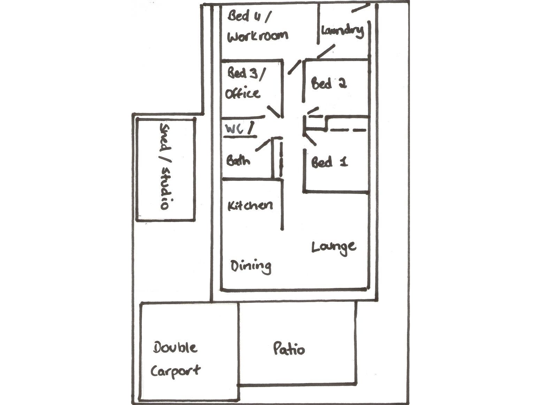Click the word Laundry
click(342, 31)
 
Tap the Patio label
click(289, 349)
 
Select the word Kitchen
click(250, 205)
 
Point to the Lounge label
click(334, 247)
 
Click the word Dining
click(251, 267)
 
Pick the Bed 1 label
click(329, 162)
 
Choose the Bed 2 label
click(329, 84)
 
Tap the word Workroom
click(258, 36)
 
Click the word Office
click(243, 93)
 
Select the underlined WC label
click(235, 129)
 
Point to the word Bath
click(238, 161)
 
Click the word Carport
click(175, 371)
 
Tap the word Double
click(175, 348)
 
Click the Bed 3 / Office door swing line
click(274, 112)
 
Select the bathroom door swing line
click(263, 145)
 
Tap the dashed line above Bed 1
click(348, 130)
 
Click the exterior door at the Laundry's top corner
click(361, 7)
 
